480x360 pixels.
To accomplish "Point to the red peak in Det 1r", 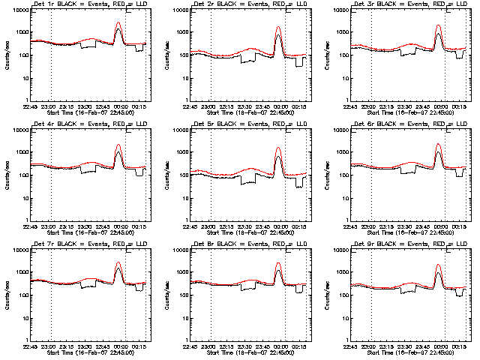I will [x=118, y=23].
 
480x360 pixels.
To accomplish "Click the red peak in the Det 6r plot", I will [x=439, y=145].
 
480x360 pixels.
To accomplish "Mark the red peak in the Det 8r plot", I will [x=278, y=263].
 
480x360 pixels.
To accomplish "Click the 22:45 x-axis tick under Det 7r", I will [x=31, y=346].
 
